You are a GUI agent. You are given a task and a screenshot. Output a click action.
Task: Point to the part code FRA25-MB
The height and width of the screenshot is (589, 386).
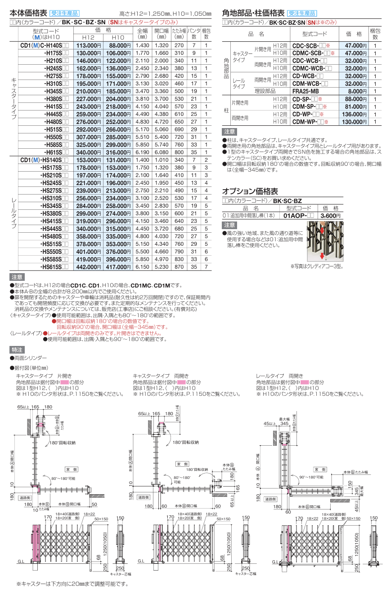click(x=305, y=90)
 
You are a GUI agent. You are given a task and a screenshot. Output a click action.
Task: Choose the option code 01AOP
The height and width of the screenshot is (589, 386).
click(x=296, y=216)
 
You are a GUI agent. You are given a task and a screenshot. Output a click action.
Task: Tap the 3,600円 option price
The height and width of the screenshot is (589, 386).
click(x=331, y=216)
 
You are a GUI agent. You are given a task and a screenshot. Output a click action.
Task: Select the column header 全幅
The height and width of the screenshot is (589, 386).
click(x=142, y=33)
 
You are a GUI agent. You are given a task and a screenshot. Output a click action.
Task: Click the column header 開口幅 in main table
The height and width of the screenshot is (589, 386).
click(x=161, y=33)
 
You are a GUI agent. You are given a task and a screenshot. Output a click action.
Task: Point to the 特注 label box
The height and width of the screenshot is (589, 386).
click(x=18, y=350)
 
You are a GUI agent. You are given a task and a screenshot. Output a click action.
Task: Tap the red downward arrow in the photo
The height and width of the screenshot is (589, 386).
click(x=323, y=256)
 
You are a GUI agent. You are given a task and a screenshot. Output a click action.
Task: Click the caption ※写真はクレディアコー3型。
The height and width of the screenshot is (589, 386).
click(x=316, y=266)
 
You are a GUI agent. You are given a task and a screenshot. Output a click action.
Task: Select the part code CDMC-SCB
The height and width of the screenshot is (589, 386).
click(x=308, y=53)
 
